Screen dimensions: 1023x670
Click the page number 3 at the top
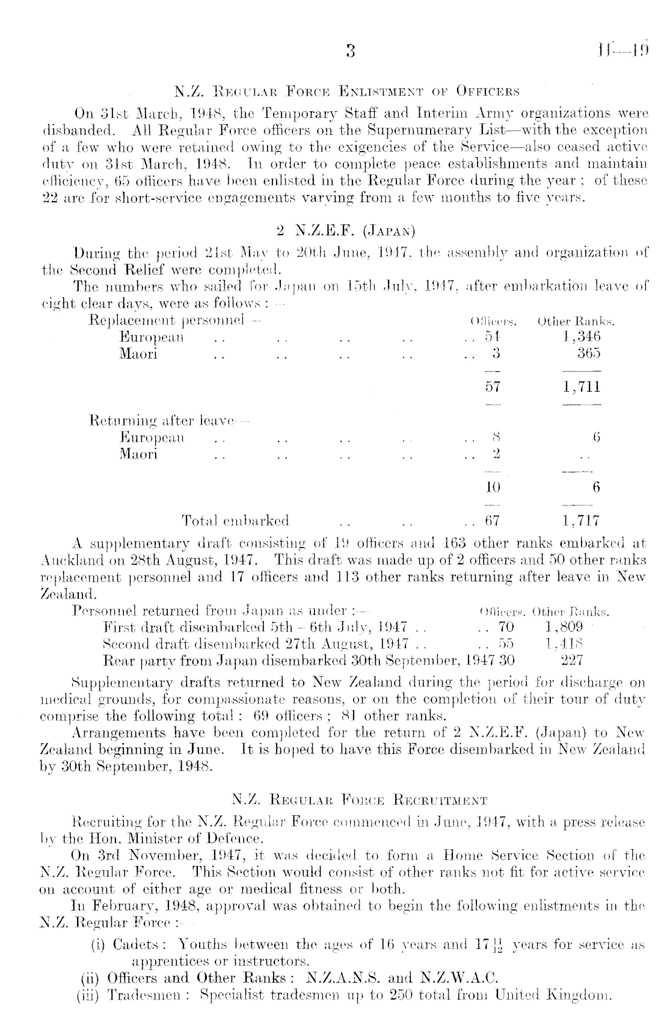tap(351, 50)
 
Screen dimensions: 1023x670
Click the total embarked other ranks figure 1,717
tap(581, 520)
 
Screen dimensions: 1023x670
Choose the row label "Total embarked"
tap(235, 520)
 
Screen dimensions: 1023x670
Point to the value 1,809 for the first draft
tap(563, 627)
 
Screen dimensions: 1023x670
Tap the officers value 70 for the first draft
tap(505, 627)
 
